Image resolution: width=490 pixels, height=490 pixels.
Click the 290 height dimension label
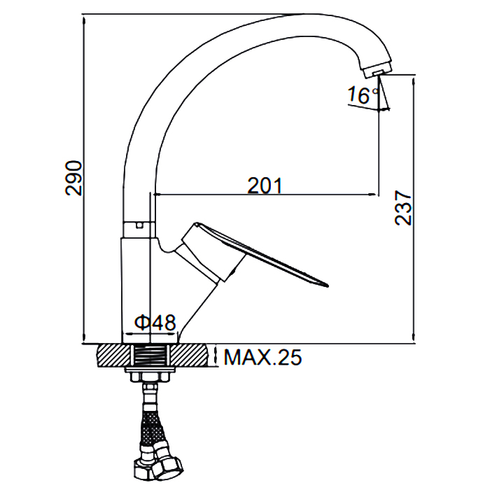tap(73, 178)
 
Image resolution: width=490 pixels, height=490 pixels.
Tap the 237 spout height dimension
tap(403, 208)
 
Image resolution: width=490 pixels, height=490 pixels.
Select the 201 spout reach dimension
tap(265, 185)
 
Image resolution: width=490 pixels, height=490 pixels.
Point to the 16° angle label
tap(363, 95)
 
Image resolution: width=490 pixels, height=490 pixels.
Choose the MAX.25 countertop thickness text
tap(262, 357)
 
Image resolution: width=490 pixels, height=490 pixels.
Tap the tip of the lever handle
tap(327, 286)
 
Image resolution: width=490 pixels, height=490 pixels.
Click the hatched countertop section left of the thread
tap(113, 356)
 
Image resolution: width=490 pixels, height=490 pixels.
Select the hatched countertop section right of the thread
tap(190, 356)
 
